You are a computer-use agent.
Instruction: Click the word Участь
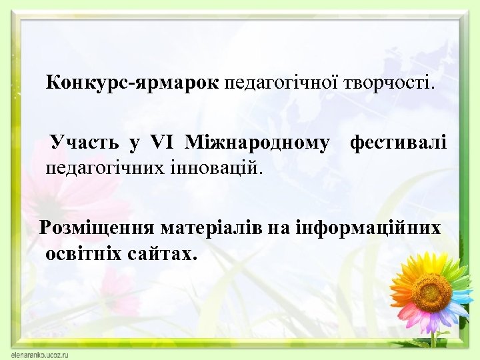[x=85, y=143]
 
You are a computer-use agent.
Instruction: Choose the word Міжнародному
[x=257, y=143]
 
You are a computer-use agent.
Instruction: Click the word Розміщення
[x=97, y=228]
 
